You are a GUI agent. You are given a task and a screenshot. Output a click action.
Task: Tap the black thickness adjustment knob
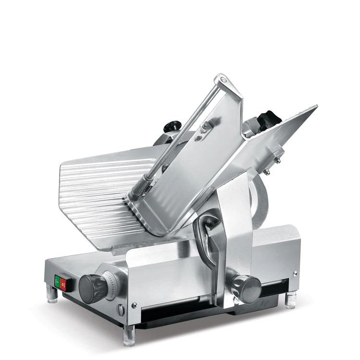[92, 288]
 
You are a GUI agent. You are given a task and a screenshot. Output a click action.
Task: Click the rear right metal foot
[290, 300]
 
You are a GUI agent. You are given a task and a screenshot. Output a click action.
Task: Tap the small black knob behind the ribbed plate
[171, 126]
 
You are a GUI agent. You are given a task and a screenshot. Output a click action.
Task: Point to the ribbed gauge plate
[96, 192]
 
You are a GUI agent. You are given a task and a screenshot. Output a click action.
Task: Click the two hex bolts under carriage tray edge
[272, 163]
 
